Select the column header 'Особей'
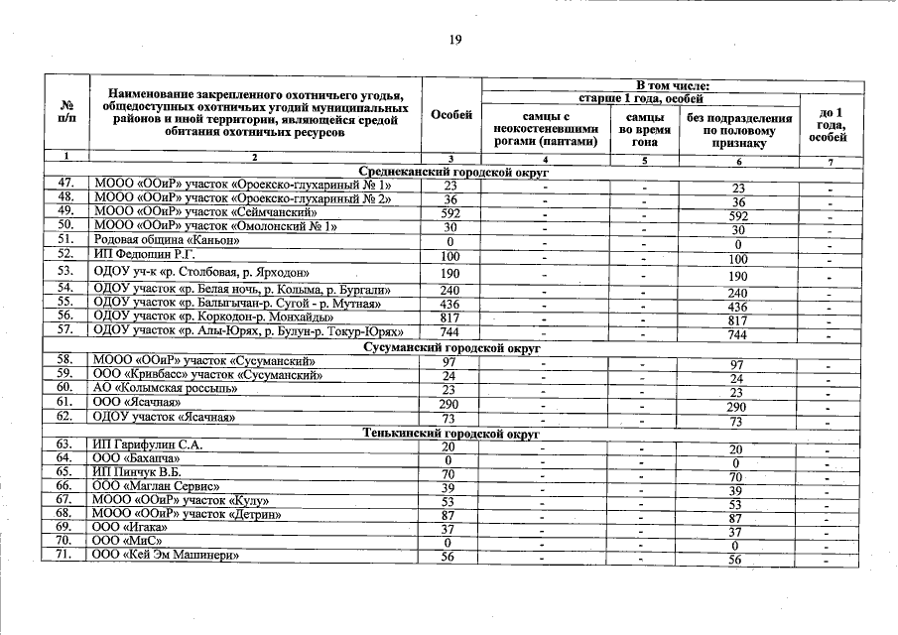[x=451, y=116]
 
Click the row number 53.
[x=66, y=271]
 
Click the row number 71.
[x=66, y=557]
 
